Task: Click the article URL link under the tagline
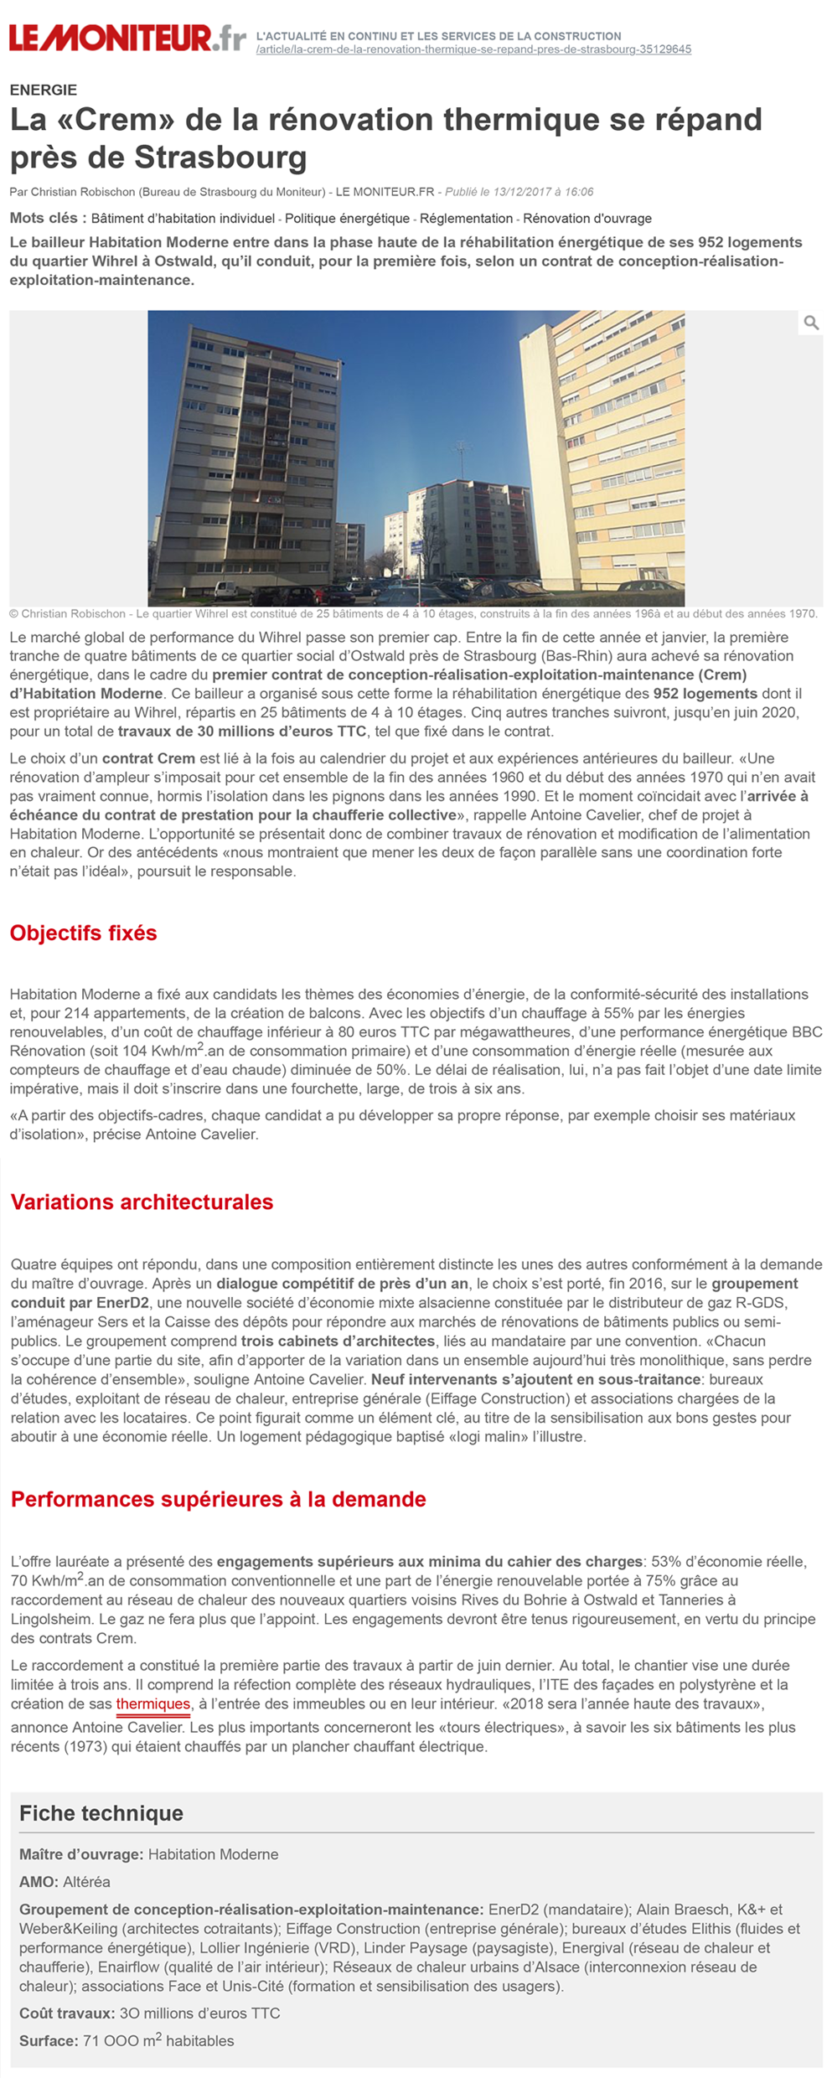click(x=473, y=49)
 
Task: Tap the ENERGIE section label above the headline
click(x=44, y=90)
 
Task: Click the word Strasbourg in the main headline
click(x=220, y=157)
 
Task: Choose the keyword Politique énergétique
click(x=347, y=219)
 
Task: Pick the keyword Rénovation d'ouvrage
click(x=587, y=219)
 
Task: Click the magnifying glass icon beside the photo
click(x=810, y=323)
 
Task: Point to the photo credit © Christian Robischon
click(x=67, y=614)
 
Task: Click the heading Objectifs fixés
click(x=83, y=933)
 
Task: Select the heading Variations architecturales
click(x=142, y=1202)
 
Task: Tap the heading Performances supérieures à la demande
click(x=218, y=1500)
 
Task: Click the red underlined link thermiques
click(x=153, y=1704)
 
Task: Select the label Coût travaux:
click(x=67, y=2013)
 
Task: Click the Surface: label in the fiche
click(x=49, y=2041)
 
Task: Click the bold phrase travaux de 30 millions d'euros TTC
click(x=242, y=731)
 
